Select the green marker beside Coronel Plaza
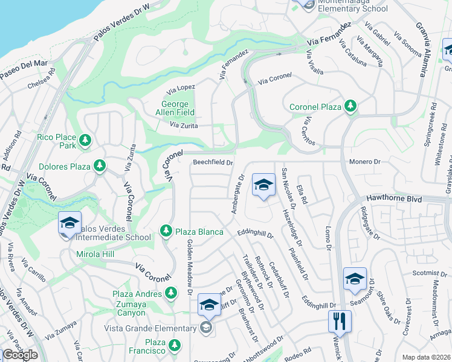click(x=350, y=107)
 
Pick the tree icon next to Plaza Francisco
click(x=175, y=345)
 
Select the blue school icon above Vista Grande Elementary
click(x=208, y=305)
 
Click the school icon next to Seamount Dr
click(x=355, y=278)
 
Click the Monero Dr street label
click(x=365, y=162)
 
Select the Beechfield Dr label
click(x=213, y=162)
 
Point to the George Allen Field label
click(x=179, y=108)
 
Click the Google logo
click(x=21, y=355)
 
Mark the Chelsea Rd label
click(x=41, y=80)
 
